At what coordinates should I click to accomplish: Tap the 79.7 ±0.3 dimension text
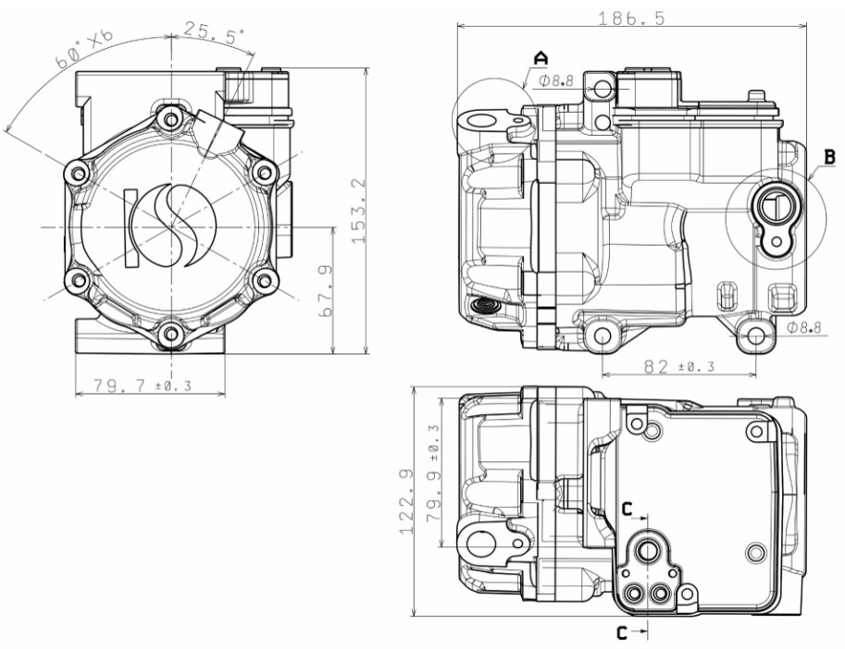click(132, 386)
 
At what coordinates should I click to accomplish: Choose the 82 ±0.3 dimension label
click(678, 366)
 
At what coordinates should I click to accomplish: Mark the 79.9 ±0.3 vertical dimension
click(432, 474)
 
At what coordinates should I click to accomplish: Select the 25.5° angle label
click(214, 31)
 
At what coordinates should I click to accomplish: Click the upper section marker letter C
click(627, 508)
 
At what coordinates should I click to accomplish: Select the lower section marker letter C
click(623, 632)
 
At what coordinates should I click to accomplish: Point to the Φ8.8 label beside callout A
click(557, 81)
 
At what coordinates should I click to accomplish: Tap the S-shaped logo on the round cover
click(173, 226)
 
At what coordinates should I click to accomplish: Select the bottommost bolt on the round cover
click(170, 333)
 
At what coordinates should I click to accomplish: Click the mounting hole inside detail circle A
click(478, 121)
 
